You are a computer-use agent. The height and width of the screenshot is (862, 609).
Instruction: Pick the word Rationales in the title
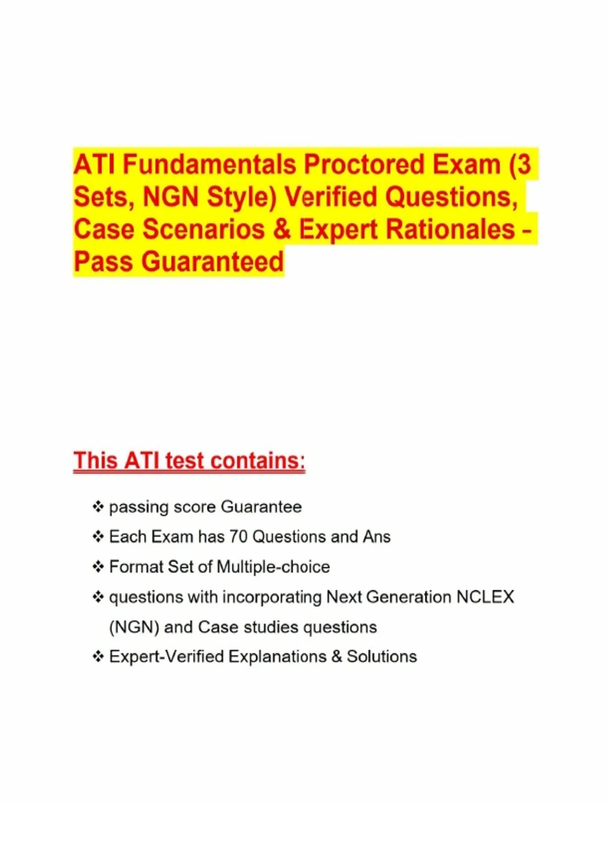[x=450, y=229]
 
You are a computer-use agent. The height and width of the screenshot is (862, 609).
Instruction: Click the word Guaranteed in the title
[x=212, y=262]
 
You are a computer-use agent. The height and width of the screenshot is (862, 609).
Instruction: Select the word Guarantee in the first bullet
[x=261, y=507]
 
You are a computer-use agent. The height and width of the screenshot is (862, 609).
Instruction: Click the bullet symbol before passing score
[x=98, y=507]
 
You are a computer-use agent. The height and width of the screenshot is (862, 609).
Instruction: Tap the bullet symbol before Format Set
[x=98, y=567]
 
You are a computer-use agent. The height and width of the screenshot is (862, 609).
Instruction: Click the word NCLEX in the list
[x=485, y=597]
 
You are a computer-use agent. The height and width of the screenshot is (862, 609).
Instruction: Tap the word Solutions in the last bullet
[x=382, y=657]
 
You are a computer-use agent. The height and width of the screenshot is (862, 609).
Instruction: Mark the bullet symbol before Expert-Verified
[x=98, y=657]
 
